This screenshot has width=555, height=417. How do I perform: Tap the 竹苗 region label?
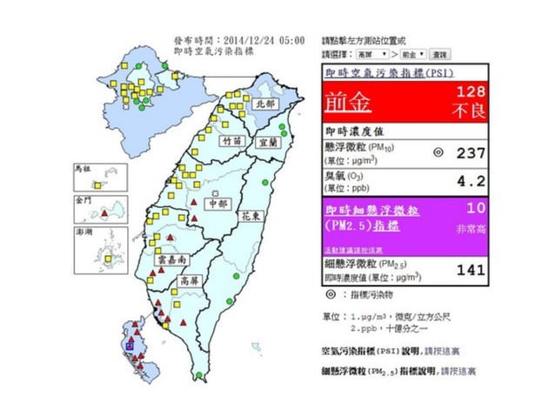231,140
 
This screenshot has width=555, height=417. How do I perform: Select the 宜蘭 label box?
268,140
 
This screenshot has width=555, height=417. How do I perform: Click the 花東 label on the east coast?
251,213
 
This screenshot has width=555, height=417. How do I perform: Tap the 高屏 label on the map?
188,281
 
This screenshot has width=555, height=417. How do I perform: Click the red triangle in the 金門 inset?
105,212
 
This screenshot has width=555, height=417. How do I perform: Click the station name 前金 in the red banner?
348,104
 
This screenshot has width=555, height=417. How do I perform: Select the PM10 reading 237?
470,152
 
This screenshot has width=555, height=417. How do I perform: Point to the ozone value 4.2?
472,183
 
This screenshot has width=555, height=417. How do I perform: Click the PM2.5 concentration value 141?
471,270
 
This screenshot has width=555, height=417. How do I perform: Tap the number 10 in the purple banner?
476,209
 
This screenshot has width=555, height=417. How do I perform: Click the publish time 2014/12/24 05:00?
264,40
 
